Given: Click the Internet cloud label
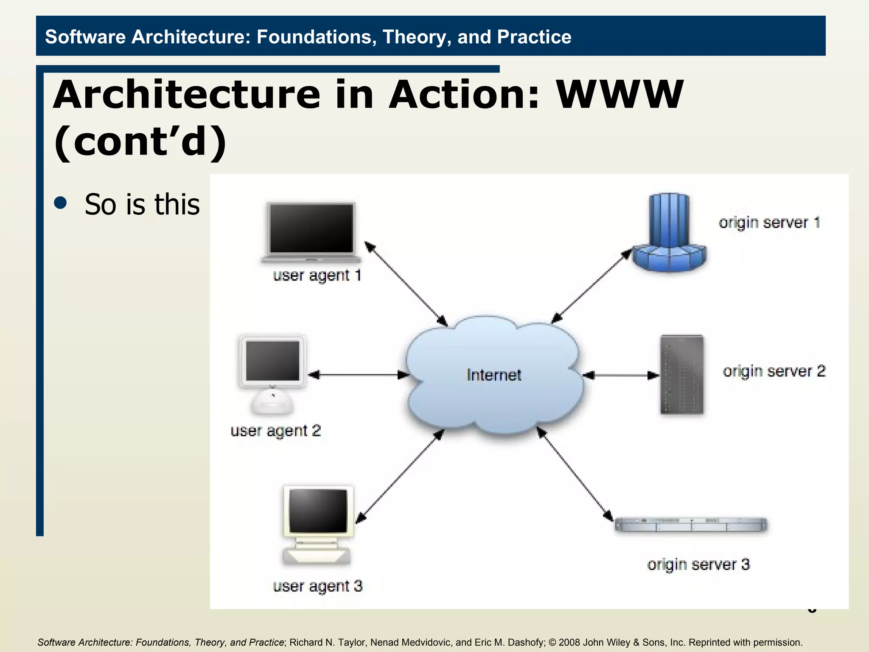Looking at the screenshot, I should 493,375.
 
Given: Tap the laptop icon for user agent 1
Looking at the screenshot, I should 311,231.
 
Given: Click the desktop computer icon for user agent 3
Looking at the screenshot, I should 317,524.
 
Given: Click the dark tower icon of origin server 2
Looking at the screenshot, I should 682,374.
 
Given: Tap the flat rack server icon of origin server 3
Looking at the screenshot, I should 691,525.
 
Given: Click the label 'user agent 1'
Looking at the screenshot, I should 317,275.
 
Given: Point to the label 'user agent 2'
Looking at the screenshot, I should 275,431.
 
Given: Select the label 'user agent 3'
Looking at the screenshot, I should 317,586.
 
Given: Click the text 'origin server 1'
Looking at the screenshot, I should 769,222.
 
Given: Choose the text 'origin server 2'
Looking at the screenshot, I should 774,371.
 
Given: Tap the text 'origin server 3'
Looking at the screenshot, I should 698,565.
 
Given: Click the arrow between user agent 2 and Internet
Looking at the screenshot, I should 359,375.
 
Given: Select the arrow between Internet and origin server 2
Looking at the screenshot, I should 621,375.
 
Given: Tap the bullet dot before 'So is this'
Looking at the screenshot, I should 61,203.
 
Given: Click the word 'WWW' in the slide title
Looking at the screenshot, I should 620,94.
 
